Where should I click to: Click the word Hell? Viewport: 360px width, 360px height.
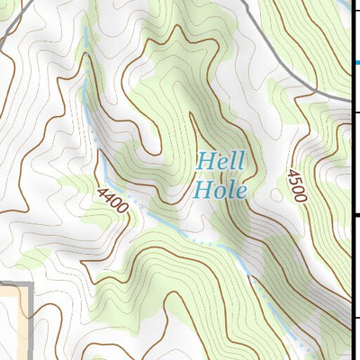221,163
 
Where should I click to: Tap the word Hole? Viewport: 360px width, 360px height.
220,189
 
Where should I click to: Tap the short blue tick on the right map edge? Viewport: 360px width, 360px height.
355,62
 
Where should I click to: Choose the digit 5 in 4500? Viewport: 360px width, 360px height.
294,178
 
